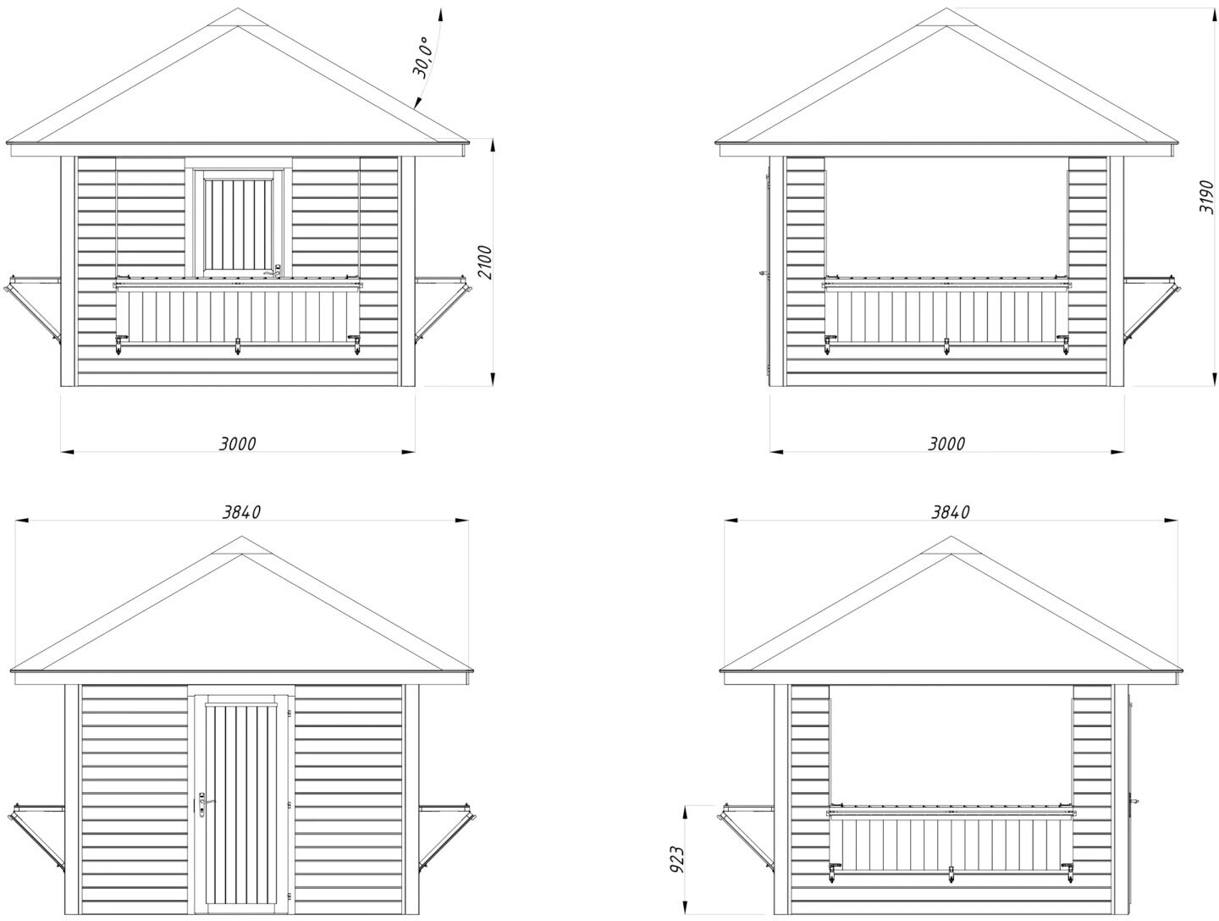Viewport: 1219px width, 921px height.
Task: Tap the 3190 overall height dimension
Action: point(1208,197)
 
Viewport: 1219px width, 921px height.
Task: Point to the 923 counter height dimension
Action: point(677,858)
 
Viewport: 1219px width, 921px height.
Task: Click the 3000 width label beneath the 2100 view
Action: point(237,444)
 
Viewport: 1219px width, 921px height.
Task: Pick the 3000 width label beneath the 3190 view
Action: point(946,444)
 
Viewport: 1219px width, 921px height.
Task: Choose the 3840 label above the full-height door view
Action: point(241,512)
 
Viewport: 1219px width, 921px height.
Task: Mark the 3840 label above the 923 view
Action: point(951,512)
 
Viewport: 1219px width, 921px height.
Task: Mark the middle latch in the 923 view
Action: point(952,874)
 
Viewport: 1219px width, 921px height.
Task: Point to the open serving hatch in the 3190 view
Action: point(946,216)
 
